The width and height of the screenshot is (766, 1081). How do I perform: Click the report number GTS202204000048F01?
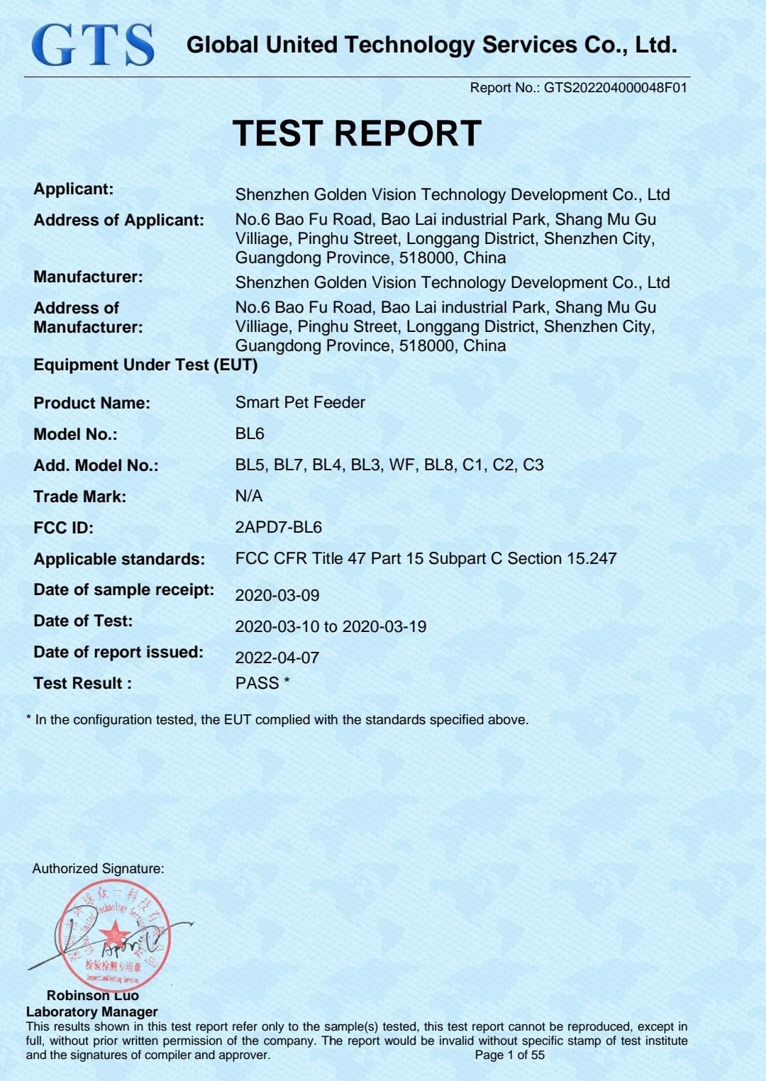(x=615, y=88)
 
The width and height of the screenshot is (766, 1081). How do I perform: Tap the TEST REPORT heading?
(x=357, y=133)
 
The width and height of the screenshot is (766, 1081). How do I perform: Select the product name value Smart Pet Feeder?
(x=300, y=402)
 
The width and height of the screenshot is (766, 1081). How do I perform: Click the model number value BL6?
(x=250, y=433)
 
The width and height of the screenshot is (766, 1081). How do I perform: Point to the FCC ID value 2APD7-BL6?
(x=278, y=527)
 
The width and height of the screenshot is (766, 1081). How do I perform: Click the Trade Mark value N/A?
(x=248, y=496)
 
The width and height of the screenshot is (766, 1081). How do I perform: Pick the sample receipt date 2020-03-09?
(x=277, y=595)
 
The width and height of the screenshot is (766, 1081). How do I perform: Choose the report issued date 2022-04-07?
(x=277, y=658)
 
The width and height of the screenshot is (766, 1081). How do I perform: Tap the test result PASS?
(x=257, y=683)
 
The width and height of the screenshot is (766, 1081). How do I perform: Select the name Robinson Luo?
(x=92, y=996)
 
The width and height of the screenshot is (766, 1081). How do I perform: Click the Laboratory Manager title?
(x=91, y=1011)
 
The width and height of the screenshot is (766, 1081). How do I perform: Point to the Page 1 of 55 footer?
(x=509, y=1055)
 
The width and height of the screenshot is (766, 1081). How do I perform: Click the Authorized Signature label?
(x=98, y=868)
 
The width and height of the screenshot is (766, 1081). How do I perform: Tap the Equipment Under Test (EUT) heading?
(x=145, y=365)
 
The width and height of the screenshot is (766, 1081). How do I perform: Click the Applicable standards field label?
(x=119, y=559)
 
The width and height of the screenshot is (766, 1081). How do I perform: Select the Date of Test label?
(x=83, y=621)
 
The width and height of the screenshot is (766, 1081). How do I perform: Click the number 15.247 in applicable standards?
(x=592, y=558)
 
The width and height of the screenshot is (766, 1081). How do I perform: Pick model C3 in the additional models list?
(x=533, y=465)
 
